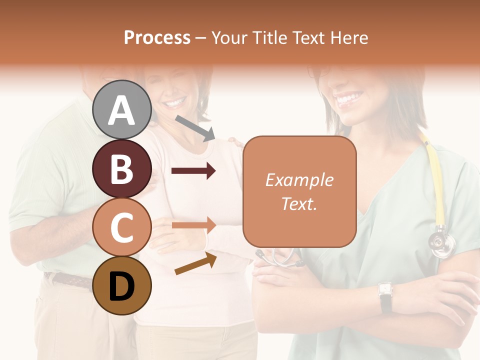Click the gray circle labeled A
click(122, 109)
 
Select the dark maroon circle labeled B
click(122, 168)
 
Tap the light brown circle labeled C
click(122, 227)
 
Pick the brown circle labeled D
click(122, 286)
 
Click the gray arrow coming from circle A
click(195, 127)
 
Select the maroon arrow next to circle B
click(193, 171)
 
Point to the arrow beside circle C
click(193, 225)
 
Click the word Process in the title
click(157, 37)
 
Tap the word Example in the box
click(299, 180)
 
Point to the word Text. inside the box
click(299, 203)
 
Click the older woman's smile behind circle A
click(175, 103)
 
